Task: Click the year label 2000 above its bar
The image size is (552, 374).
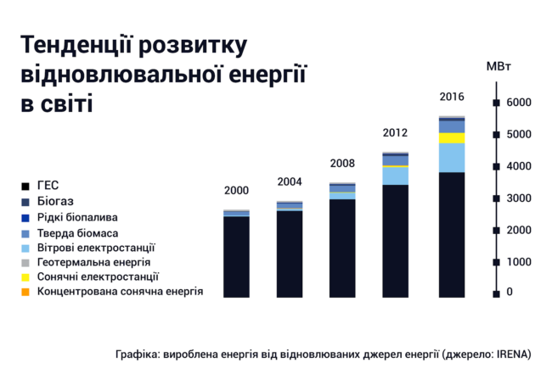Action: pos(237,190)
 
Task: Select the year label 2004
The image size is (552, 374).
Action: pos(290,181)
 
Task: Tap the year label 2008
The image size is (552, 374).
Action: pos(342,163)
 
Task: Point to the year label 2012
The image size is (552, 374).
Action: pos(395,133)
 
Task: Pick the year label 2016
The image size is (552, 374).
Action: pos(451,96)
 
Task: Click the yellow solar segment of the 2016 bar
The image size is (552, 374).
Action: pos(451,138)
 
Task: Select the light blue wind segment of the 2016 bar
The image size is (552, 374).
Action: pos(451,158)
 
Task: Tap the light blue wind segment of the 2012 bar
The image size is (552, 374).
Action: pos(395,176)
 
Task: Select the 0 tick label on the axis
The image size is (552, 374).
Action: pos(509,293)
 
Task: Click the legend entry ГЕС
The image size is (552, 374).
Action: pos(48,185)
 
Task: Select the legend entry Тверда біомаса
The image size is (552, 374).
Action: pos(77,232)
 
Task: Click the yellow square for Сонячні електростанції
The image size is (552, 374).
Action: pos(26,277)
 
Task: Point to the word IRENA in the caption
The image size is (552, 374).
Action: pos(513,354)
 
